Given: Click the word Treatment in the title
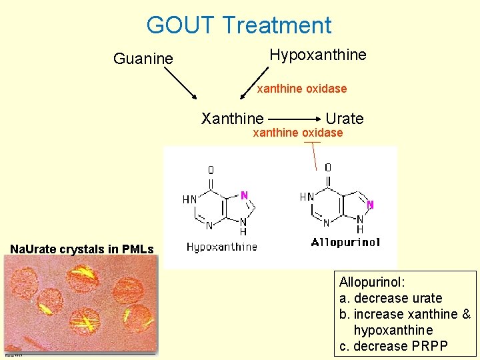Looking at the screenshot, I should point(277,25).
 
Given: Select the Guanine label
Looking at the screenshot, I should point(143,59).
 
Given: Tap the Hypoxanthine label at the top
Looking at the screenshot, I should point(317,55).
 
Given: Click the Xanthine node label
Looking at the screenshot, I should point(232,119).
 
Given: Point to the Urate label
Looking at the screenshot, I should point(345,119).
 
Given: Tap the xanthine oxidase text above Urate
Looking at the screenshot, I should point(302,88).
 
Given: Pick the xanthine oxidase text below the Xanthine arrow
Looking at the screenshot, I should point(297,133).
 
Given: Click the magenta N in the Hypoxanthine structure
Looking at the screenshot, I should point(244,195).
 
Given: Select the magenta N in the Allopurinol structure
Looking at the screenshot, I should point(371,204).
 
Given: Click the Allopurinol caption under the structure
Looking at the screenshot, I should point(345,243).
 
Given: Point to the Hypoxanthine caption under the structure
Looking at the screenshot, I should point(221,247).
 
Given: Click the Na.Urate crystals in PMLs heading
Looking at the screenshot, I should point(81,249).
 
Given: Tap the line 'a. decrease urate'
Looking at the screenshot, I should point(391,298).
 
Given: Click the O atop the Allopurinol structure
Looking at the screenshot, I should point(328,167).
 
